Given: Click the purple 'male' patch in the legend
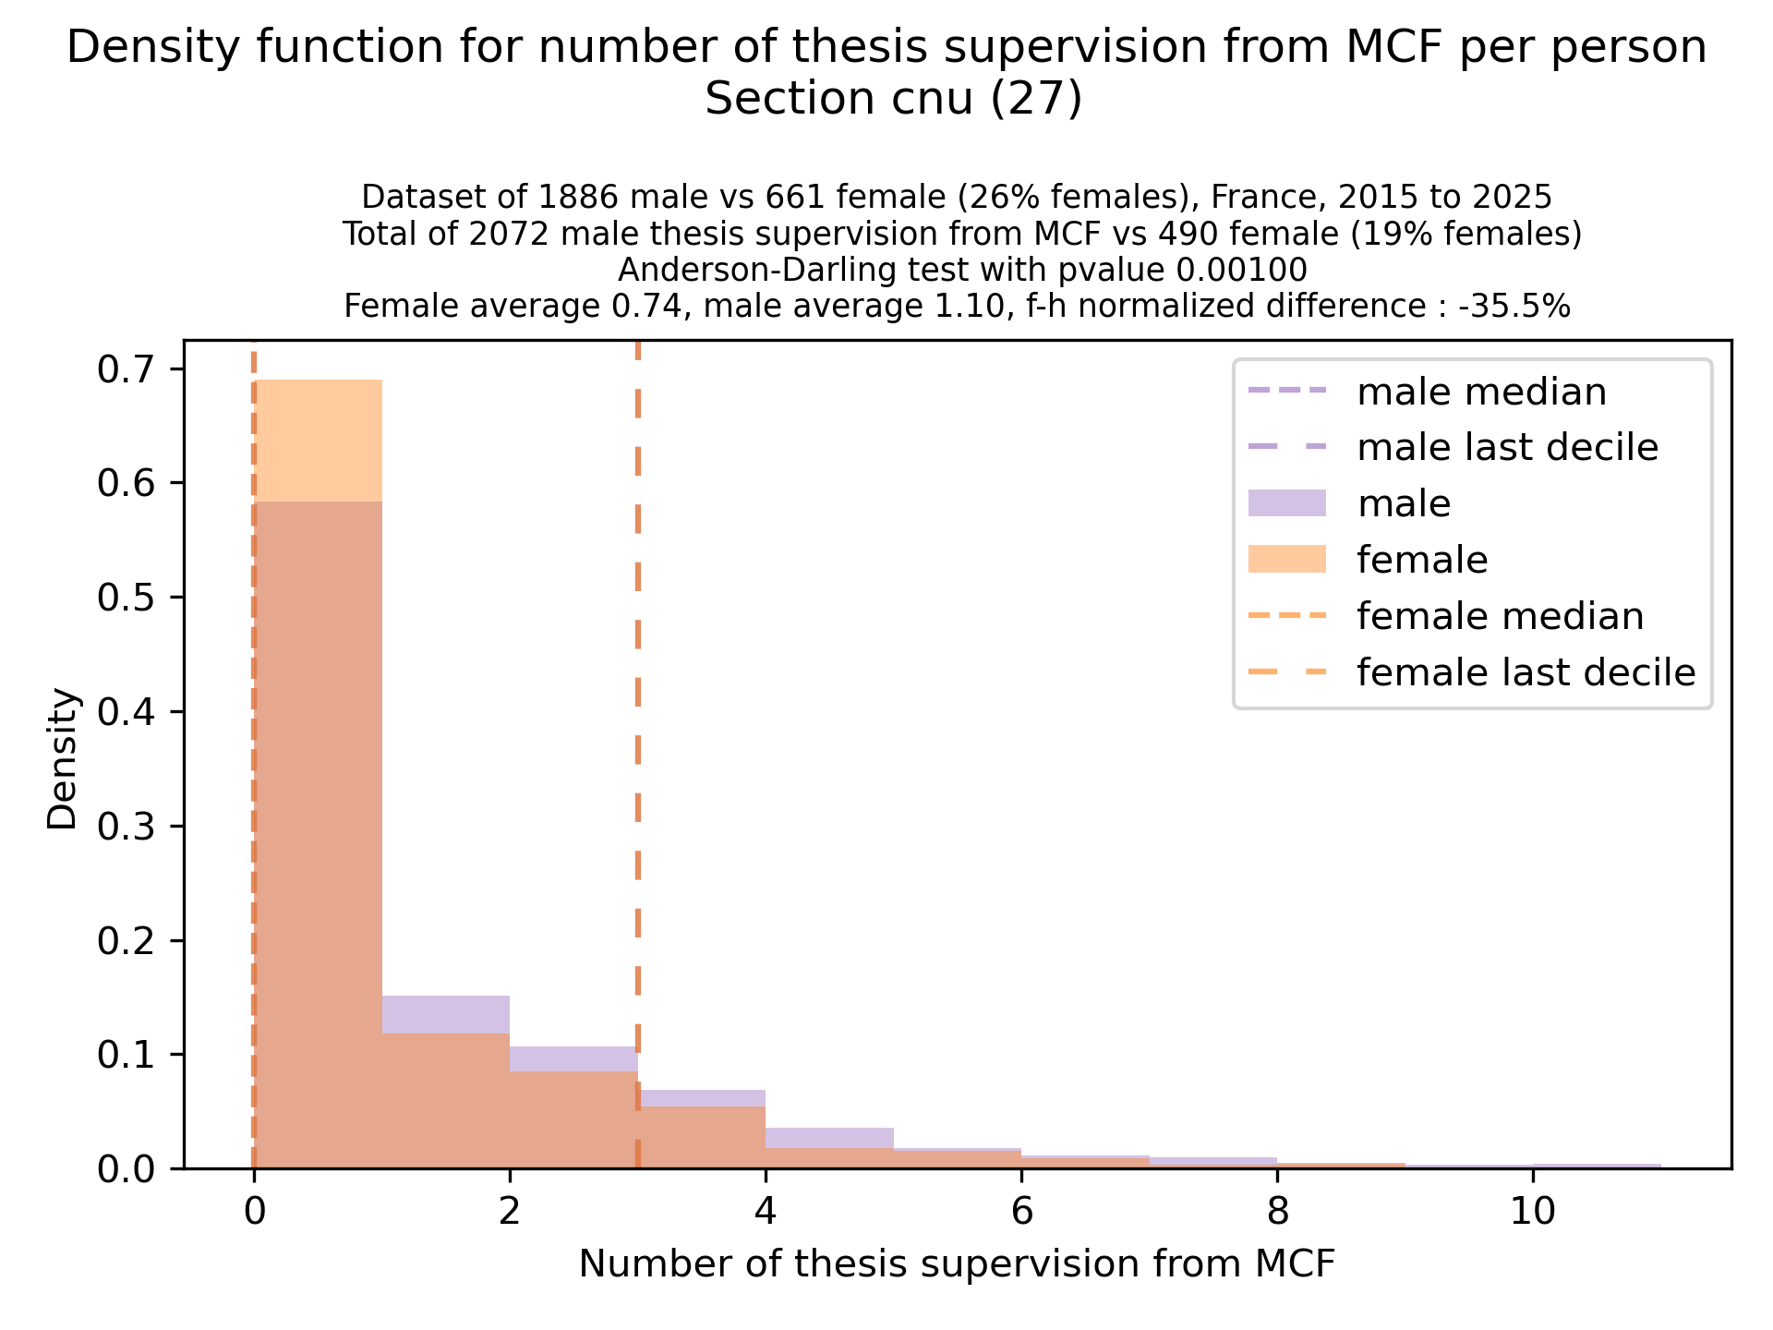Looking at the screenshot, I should [1286, 503].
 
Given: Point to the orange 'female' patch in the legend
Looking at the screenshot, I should [1286, 560].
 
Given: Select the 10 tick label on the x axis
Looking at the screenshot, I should [1533, 1212].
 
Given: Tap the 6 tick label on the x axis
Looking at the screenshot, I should [1021, 1212].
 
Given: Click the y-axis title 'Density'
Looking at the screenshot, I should [63, 759].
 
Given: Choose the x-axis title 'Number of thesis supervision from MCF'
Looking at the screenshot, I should [957, 1264].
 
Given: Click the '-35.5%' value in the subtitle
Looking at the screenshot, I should [1514, 307].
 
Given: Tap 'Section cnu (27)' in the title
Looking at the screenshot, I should [893, 100].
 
